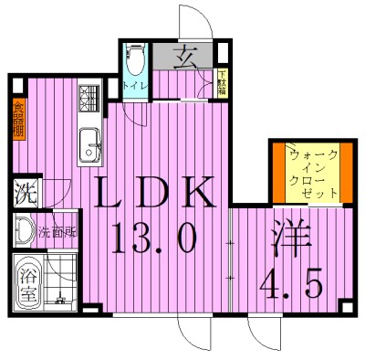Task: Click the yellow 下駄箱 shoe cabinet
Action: pos(222,83)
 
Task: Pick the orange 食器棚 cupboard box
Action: pos(18,120)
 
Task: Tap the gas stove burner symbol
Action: pos(90,96)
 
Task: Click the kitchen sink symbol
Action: pos(90,143)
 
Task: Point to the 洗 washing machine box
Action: pos(21,194)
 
